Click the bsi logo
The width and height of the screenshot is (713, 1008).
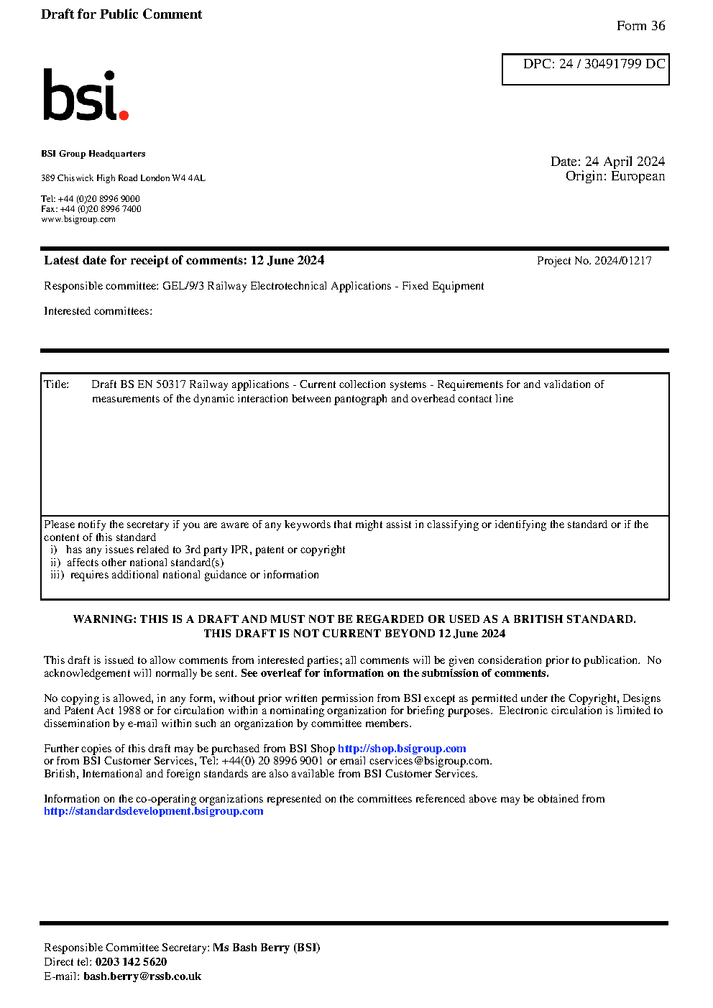(x=85, y=95)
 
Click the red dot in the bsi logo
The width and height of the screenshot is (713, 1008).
(x=124, y=115)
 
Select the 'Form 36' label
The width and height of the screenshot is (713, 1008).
(x=640, y=26)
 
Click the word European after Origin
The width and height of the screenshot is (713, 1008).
(x=638, y=177)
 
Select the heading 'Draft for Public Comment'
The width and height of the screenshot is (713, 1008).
(x=121, y=14)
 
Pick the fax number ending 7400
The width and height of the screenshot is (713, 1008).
(x=101, y=209)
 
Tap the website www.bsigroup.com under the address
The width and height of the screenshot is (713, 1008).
(x=78, y=219)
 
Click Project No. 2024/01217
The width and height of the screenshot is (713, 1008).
(x=594, y=261)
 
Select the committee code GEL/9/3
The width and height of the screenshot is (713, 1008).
(x=183, y=286)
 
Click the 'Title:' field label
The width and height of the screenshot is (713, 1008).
(x=57, y=384)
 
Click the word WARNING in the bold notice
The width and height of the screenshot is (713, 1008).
(x=103, y=619)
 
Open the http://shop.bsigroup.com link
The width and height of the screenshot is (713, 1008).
(x=402, y=749)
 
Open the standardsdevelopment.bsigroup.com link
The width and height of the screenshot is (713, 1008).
(x=153, y=811)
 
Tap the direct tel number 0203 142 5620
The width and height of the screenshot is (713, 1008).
(x=131, y=962)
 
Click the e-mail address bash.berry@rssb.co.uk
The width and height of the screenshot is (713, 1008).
(x=142, y=976)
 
